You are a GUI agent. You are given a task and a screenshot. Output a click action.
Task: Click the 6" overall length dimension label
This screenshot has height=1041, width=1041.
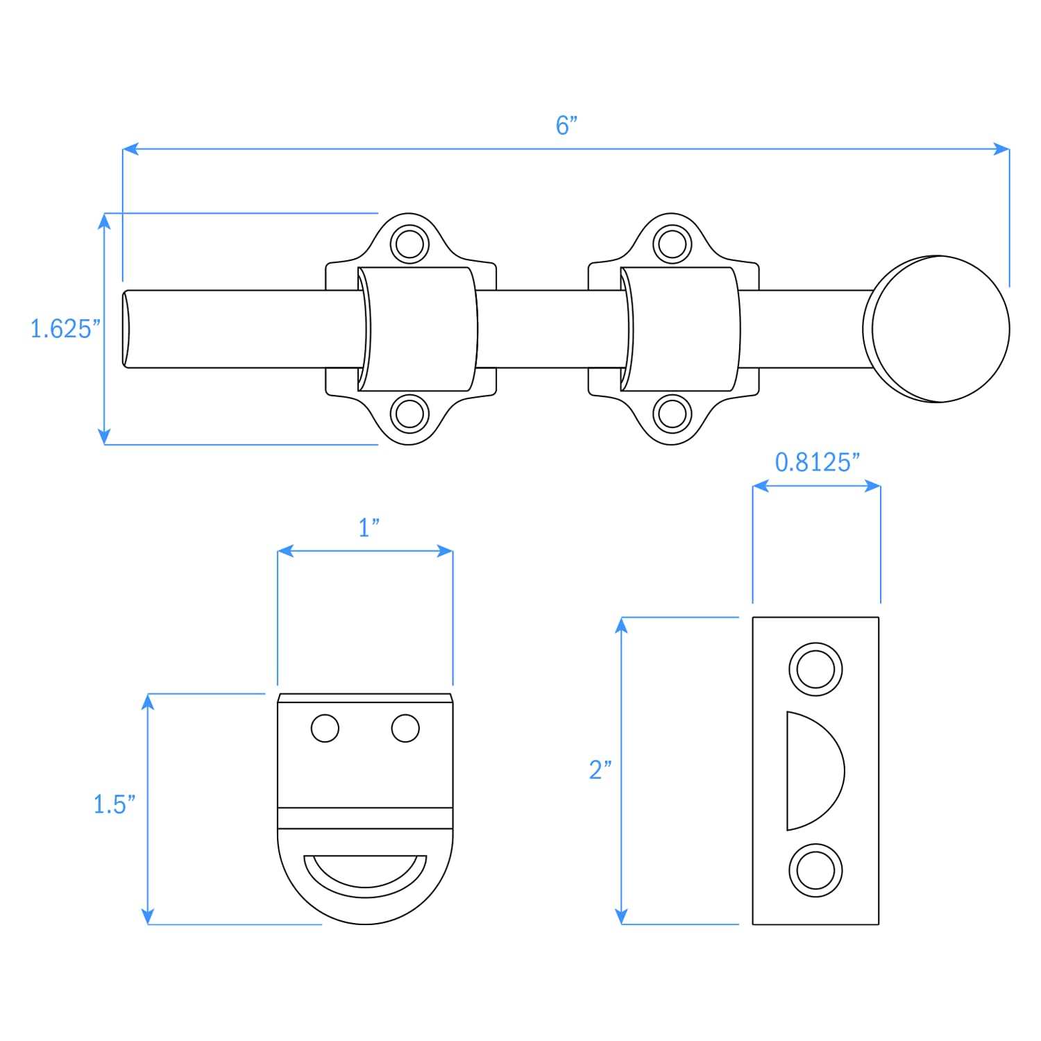[566, 126]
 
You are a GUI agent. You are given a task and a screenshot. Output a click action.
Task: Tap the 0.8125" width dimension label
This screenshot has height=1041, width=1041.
[817, 462]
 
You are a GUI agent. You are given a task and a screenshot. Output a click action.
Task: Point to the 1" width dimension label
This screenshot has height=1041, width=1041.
[369, 528]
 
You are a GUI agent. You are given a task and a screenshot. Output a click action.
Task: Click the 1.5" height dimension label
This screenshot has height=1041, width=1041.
[114, 804]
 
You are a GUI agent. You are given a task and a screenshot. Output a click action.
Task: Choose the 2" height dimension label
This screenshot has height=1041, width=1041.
[600, 770]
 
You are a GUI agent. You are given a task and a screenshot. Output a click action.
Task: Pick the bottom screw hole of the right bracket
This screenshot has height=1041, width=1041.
[671, 414]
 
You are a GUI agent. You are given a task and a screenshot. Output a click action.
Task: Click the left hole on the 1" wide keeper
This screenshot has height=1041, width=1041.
[325, 728]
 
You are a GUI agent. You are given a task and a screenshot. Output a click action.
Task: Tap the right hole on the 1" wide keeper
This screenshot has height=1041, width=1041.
[405, 728]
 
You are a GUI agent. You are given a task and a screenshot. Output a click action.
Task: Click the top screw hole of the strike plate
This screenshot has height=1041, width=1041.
[815, 670]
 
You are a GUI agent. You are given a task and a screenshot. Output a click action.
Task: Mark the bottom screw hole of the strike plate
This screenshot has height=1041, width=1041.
[815, 870]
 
